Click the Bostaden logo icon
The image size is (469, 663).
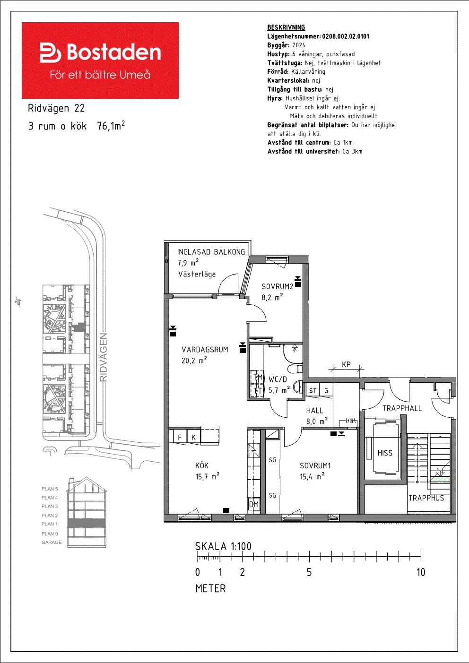pyautogui.click(x=50, y=52)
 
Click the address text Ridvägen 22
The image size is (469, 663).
pyautogui.click(x=56, y=108)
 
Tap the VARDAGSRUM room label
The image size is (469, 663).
pyautogui.click(x=205, y=350)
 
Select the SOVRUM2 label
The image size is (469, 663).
pyautogui.click(x=277, y=286)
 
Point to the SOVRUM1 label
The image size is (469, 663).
pyautogui.click(x=315, y=465)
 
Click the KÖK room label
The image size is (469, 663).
pyautogui.click(x=202, y=465)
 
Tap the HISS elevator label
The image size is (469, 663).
pyautogui.click(x=385, y=453)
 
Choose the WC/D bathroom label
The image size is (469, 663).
pyautogui.click(x=278, y=379)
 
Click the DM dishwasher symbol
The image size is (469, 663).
pyautogui.click(x=254, y=504)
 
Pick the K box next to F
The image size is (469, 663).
pyautogui.click(x=194, y=437)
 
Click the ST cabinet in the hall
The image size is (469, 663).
pyautogui.click(x=313, y=391)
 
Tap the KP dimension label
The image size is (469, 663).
pyautogui.click(x=346, y=364)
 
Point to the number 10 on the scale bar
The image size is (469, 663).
pyautogui.click(x=421, y=572)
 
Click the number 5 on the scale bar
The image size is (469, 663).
pyautogui.click(x=309, y=572)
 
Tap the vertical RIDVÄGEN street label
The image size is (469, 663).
pyautogui.click(x=104, y=357)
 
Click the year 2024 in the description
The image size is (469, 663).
pyautogui.click(x=299, y=45)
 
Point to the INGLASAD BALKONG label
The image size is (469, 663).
pyautogui.click(x=211, y=252)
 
